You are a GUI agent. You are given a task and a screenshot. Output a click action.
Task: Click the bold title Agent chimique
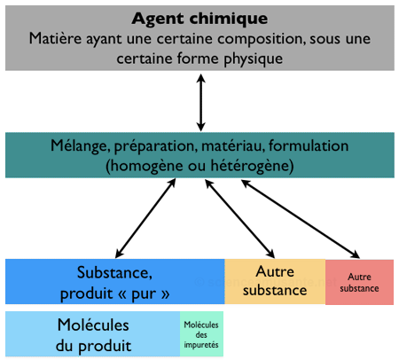200,18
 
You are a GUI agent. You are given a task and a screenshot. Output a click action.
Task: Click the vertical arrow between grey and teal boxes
201,101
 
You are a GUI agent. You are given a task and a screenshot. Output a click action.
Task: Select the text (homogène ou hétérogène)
199,165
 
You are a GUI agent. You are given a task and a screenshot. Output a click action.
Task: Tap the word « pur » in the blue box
148,293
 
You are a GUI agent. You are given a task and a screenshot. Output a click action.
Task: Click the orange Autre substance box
274,281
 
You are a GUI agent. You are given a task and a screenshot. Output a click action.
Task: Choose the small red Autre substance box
359,282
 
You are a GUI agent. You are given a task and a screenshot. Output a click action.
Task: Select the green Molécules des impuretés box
201,334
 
